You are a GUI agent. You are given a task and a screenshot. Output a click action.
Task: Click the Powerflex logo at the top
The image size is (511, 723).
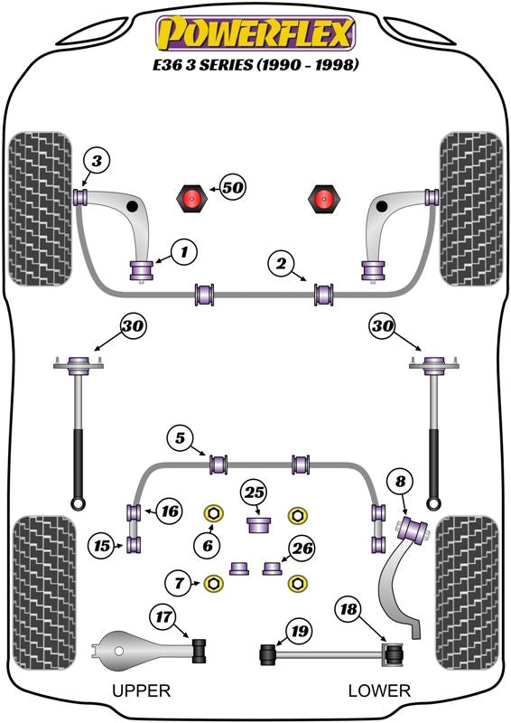pyautogui.click(x=255, y=33)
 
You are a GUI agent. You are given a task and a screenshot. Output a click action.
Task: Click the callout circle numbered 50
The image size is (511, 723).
pyautogui.click(x=233, y=188)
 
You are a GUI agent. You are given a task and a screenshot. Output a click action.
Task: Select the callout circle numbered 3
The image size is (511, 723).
pyautogui.click(x=97, y=162)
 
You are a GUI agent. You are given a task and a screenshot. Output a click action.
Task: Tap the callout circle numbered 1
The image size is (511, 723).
pyautogui.click(x=184, y=252)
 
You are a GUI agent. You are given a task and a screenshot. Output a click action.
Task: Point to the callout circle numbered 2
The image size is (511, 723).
pyautogui.click(x=281, y=263)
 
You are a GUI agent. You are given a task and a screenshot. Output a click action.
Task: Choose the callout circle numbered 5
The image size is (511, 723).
pyautogui.click(x=180, y=437)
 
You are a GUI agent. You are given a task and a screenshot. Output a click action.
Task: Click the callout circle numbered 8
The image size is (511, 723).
pyautogui.click(x=401, y=482)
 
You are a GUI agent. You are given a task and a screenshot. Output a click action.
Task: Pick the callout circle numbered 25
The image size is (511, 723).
pyautogui.click(x=255, y=493)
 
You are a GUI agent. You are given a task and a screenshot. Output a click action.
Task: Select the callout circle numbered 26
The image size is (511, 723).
pyautogui.click(x=302, y=549)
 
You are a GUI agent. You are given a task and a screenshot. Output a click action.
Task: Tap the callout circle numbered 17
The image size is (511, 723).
pyautogui.click(x=163, y=616)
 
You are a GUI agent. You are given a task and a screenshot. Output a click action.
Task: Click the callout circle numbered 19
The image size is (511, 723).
pyautogui.click(x=299, y=630)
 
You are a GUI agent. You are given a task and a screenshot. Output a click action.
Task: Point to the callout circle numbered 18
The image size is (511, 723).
pyautogui.click(x=348, y=609)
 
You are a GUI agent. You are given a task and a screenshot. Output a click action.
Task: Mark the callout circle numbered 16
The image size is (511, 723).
pyautogui.click(x=170, y=511)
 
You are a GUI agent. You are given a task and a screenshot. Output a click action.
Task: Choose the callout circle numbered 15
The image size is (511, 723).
pyautogui.click(x=102, y=546)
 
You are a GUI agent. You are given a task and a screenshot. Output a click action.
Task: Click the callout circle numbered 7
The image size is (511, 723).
pyautogui.click(x=179, y=583)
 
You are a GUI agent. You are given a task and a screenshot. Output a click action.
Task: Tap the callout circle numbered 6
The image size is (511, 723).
pyautogui.click(x=208, y=546)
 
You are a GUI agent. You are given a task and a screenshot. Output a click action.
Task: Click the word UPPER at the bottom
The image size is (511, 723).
pyautogui.click(x=142, y=690)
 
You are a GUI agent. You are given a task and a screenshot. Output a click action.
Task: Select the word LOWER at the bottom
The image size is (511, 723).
pyautogui.click(x=379, y=690)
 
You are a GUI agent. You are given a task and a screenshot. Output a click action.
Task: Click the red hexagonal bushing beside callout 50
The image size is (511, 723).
pyautogui.click(x=190, y=198)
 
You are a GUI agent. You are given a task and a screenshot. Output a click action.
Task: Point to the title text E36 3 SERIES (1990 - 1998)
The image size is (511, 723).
pyautogui.click(x=255, y=64)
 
